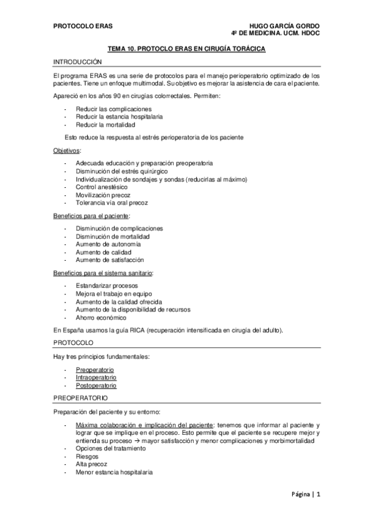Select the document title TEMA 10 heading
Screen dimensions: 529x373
[x=186, y=49]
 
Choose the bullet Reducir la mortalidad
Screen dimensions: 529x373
[x=105, y=124]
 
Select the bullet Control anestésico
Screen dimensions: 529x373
[x=102, y=187]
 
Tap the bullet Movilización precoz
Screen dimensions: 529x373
[x=103, y=195]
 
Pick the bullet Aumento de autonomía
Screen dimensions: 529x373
[x=106, y=244]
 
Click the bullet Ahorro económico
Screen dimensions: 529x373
[x=101, y=318]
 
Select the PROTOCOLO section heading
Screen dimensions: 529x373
[x=73, y=343]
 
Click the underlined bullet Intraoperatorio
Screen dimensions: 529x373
[x=96, y=377]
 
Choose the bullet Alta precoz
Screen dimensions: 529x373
[x=92, y=465]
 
